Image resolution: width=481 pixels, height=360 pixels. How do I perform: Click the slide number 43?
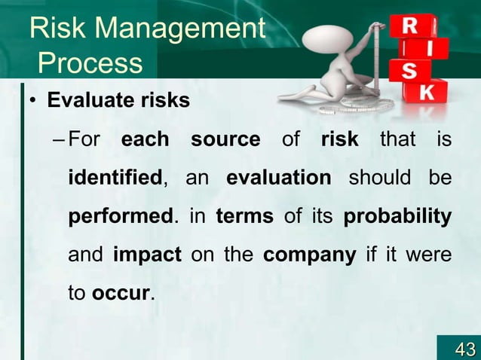pyautogui.click(x=464, y=349)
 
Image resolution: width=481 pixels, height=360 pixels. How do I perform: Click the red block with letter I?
pyautogui.click(x=427, y=50)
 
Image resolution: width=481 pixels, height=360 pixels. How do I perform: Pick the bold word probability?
pyautogui.click(x=397, y=217)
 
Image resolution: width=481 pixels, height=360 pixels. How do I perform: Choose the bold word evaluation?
pyautogui.click(x=278, y=178)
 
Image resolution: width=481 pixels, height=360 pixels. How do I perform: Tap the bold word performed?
pyautogui.click(x=121, y=217)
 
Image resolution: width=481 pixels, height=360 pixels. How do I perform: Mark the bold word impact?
pyautogui.click(x=147, y=255)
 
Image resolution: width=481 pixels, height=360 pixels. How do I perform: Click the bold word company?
pyautogui.click(x=309, y=255)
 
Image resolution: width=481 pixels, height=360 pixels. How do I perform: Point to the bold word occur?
pyautogui.click(x=121, y=293)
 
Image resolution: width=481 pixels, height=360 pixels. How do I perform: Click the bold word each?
pyautogui.click(x=145, y=140)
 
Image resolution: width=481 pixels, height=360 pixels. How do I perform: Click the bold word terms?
pyautogui.click(x=244, y=217)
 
